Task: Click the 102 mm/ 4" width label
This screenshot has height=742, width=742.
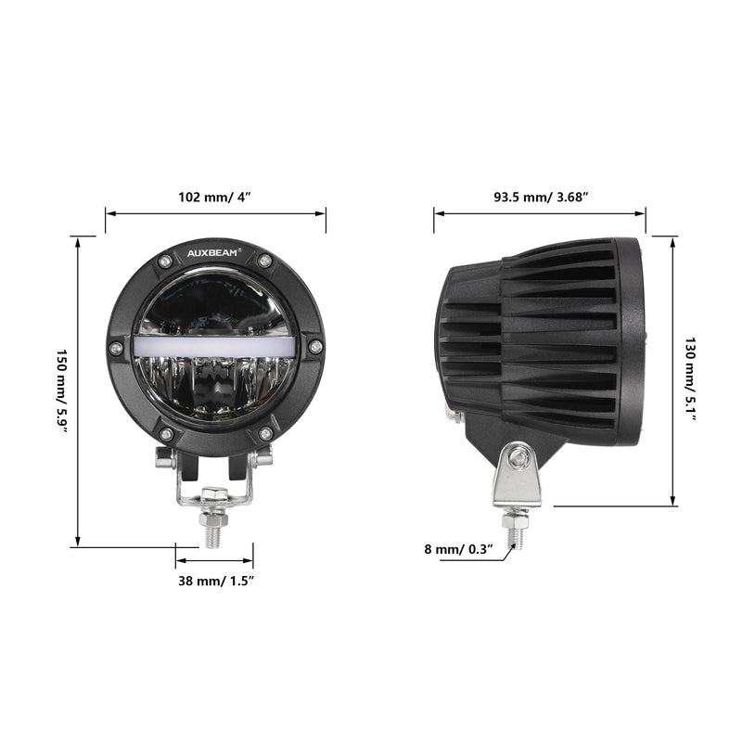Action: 215,197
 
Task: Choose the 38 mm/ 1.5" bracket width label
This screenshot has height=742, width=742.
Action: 215,581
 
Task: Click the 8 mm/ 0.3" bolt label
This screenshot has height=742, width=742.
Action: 455,549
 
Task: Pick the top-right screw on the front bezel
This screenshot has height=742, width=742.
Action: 265,260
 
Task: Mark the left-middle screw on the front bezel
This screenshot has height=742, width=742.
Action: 115,348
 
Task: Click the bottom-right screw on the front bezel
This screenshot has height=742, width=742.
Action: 265,434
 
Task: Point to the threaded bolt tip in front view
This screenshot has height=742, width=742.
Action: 212,534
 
